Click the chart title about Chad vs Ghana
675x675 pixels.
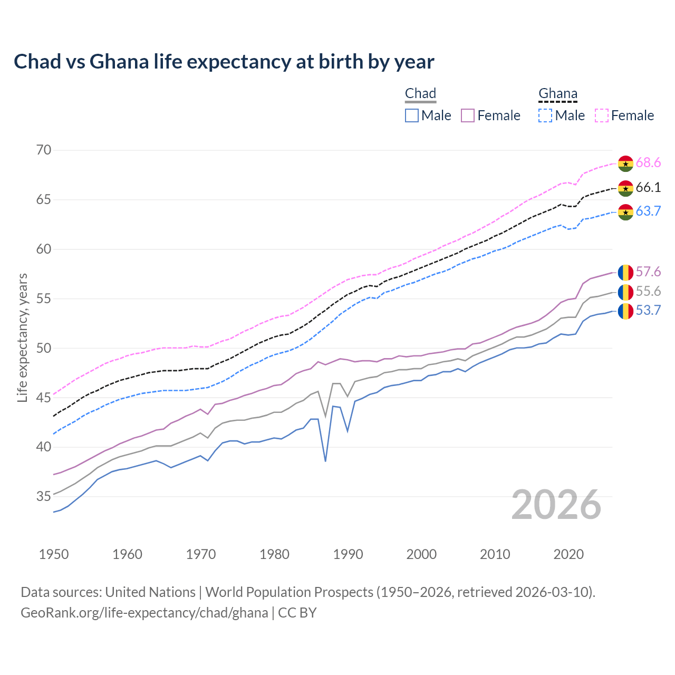point(224,62)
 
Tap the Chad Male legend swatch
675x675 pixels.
point(412,115)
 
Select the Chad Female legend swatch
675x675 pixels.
point(468,115)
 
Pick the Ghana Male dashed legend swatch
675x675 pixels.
point(545,115)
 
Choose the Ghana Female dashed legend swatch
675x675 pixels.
point(602,115)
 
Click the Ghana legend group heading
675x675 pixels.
point(558,94)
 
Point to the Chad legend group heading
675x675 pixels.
point(420,94)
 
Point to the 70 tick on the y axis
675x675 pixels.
point(44,150)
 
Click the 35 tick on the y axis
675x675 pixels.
point(44,497)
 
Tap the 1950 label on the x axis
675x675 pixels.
point(54,554)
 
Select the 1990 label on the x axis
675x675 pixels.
point(348,554)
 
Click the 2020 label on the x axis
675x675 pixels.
point(568,554)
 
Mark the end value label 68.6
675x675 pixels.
point(648,163)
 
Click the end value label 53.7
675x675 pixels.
point(648,311)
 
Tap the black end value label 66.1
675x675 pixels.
point(648,188)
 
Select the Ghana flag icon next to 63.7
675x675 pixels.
point(625,212)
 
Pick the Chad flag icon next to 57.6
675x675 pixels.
point(625,272)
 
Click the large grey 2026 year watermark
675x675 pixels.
point(556,505)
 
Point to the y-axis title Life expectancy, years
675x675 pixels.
point(23,337)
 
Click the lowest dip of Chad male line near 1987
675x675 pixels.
point(325,461)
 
